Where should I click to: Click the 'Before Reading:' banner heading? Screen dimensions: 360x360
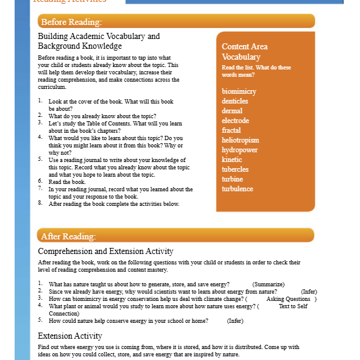coord(71,23)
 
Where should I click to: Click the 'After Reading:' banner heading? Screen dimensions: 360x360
coord(68,236)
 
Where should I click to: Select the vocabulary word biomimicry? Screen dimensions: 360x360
coord(239,91)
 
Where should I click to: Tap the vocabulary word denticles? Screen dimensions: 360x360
coord(235,101)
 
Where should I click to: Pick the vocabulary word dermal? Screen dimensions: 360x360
coord(232,111)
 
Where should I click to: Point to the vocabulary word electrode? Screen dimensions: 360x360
coord(236,121)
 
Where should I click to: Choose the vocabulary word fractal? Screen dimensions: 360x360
coord(231,130)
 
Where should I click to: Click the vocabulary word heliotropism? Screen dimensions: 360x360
coord(241,140)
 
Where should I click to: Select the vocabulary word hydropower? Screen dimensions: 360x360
coord(239,150)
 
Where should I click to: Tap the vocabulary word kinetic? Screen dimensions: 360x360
coord(232,160)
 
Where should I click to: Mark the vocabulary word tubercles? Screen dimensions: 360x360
coord(235,169)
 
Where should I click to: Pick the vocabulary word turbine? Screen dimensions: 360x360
coord(233,179)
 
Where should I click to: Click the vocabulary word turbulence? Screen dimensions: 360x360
coord(238,189)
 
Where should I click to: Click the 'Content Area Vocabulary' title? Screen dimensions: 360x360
coord(244,52)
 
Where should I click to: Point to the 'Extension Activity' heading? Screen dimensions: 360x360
coord(70,336)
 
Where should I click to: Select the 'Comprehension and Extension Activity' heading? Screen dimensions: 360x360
coord(105,251)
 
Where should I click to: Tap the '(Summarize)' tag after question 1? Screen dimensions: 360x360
coord(269,284)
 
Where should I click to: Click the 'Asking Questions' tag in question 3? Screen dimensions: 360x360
coord(288,299)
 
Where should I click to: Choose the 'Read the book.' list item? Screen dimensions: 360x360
coord(67,182)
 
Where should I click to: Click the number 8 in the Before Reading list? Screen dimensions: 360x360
coord(40,203)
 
